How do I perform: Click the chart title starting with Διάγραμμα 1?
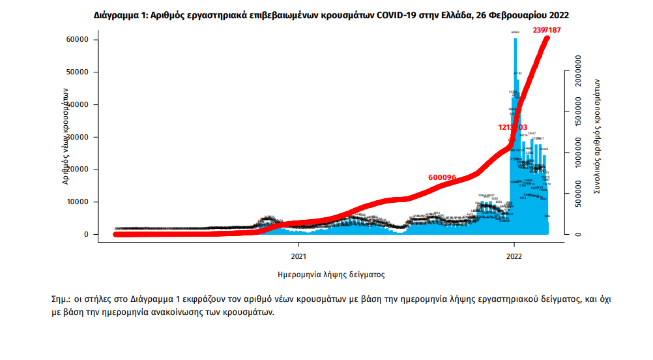click(326, 14)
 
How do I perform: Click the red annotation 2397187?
click(546, 30)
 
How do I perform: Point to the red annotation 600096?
click(442, 177)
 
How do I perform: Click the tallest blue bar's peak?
click(515, 39)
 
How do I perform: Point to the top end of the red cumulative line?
click(547, 38)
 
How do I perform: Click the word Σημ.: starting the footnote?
click(63, 299)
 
